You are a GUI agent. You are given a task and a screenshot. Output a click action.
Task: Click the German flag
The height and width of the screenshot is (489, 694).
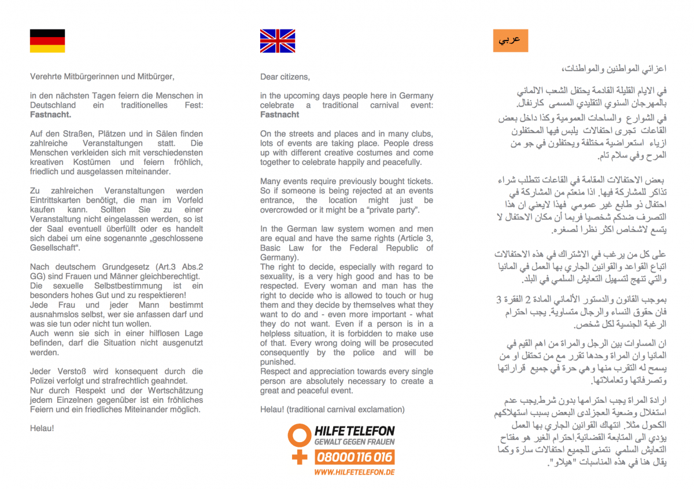[x=47, y=41]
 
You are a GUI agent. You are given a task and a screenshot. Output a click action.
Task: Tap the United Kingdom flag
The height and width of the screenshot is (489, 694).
[x=278, y=41]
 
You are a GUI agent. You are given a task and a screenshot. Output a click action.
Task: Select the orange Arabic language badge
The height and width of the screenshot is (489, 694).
[x=510, y=41]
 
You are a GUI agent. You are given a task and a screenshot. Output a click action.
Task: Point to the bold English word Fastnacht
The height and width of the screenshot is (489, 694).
[x=280, y=115]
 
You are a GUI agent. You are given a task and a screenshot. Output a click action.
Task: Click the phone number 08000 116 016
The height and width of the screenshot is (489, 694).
[x=355, y=457]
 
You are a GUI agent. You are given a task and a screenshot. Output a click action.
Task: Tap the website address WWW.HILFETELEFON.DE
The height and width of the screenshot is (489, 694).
[x=355, y=472]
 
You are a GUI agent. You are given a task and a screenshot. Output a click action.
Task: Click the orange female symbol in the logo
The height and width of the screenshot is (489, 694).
[x=300, y=443]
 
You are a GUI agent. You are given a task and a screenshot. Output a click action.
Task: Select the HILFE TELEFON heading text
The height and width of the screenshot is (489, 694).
[x=355, y=431]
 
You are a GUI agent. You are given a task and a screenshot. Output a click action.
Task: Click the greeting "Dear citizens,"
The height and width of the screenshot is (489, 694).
[x=285, y=77]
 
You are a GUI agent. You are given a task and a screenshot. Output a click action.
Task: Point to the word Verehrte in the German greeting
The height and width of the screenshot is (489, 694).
[x=46, y=77]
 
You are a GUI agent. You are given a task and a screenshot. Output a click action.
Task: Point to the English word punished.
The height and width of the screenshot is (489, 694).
[x=277, y=362]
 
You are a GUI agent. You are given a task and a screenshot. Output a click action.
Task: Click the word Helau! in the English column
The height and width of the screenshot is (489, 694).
[x=272, y=409]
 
